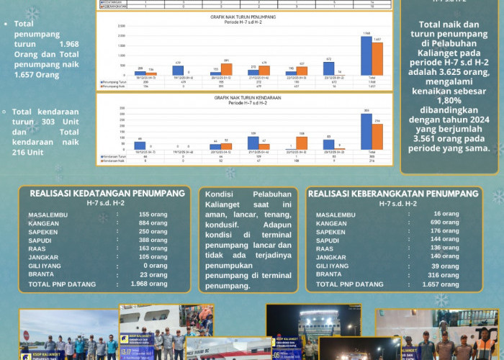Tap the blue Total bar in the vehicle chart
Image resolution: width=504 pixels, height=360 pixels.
coord(366,131)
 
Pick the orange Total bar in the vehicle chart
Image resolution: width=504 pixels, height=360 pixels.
coord(377,136)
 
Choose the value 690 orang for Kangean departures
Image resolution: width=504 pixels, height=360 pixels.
coord(444,224)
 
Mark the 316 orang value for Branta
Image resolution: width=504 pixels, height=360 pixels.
coord(444,274)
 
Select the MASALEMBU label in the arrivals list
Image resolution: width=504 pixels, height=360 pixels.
coord(51,215)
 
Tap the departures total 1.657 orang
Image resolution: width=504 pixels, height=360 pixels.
coord(441,284)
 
